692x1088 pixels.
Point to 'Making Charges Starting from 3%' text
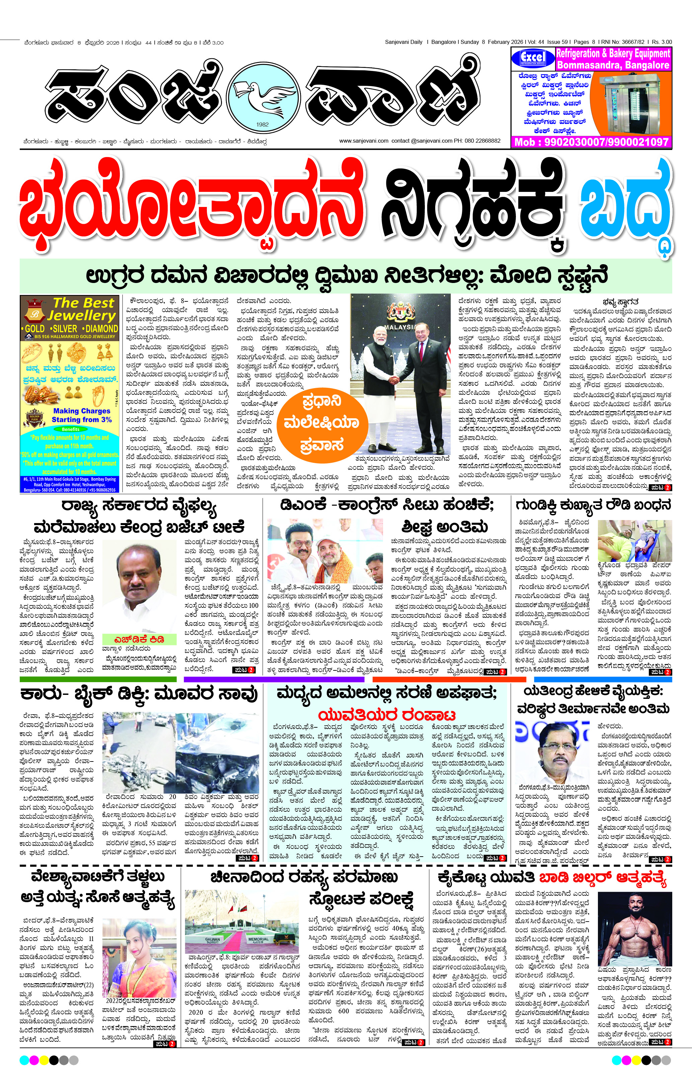coord(81,415)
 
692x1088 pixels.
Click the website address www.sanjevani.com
coord(364,141)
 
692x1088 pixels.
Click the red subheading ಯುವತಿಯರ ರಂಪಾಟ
coord(387,715)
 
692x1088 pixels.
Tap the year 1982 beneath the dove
coord(262,124)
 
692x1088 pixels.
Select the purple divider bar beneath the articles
coord(274,679)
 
